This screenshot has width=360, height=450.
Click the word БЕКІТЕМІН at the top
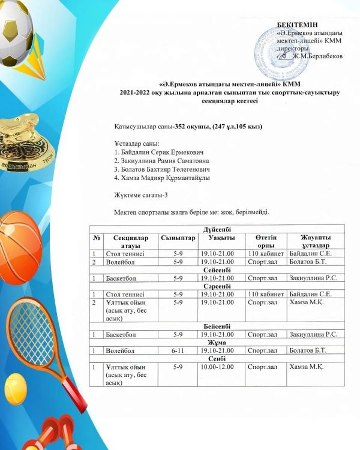coord(299,24)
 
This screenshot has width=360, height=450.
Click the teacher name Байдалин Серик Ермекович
coord(159,152)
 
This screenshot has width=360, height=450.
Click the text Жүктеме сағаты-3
coord(142,195)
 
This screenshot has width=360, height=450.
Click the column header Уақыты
coord(217,238)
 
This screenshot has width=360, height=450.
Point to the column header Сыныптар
coord(178,238)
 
